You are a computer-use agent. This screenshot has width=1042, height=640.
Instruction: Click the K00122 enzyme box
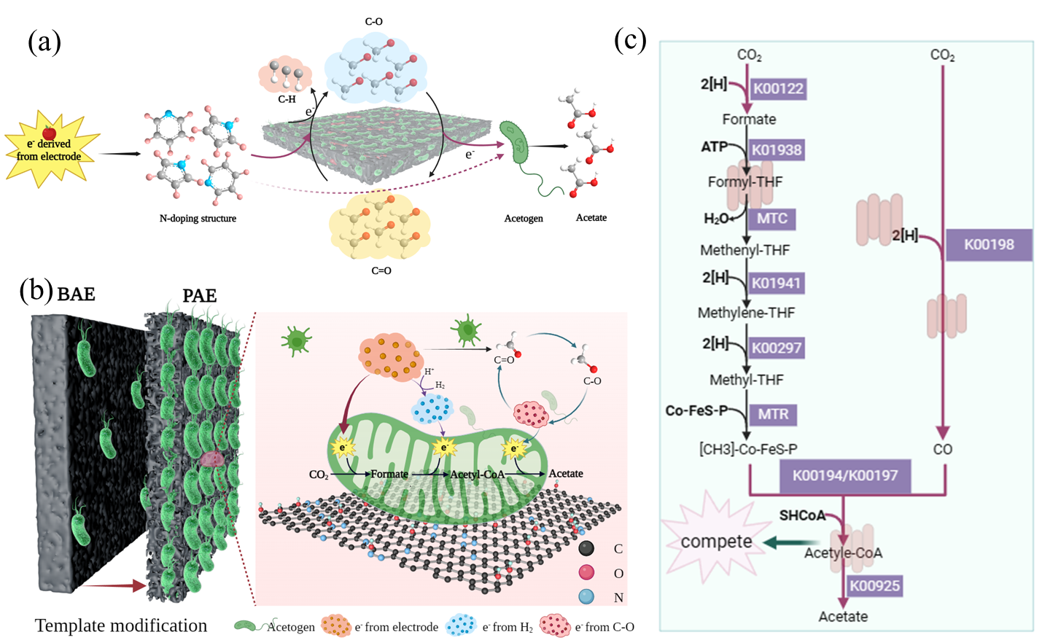point(778,89)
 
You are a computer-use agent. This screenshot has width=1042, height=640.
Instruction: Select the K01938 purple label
point(777,150)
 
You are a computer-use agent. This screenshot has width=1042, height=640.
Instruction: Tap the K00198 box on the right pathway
point(989,245)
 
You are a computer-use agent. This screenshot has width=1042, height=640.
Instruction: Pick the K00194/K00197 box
point(844,475)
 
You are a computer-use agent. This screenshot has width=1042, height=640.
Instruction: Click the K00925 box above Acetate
point(874,585)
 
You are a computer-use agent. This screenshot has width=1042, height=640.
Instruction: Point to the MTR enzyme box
point(772,414)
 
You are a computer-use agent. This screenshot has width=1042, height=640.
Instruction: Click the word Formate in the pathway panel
point(749,120)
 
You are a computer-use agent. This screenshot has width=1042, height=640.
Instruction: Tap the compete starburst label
point(716,542)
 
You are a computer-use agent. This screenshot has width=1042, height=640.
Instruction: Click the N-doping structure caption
point(198,218)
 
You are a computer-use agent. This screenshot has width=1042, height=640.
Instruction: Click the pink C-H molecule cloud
point(285,74)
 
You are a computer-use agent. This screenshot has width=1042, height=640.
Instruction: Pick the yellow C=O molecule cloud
point(380,227)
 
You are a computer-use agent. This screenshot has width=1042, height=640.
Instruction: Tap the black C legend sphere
point(586,549)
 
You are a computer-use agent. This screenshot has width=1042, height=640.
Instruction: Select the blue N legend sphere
point(586,596)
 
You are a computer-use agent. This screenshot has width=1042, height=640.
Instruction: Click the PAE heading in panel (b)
point(199,295)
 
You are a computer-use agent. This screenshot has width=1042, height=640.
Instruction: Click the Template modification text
point(121,625)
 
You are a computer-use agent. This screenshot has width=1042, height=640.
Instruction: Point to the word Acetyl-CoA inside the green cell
point(477,475)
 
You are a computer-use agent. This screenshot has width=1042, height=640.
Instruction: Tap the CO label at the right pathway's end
point(942,449)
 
